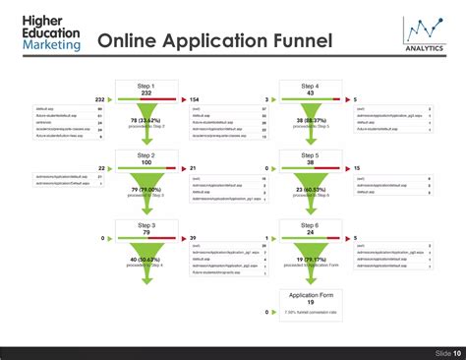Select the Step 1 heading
[146, 86]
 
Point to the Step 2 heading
[146, 155]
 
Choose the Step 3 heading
[146, 225]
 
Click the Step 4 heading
[310, 86]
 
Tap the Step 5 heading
[310, 155]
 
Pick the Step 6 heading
[310, 225]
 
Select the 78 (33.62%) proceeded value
[146, 121]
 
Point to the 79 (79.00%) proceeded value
[146, 191]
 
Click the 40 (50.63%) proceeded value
[146, 260]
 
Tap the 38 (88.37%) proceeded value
[310, 121]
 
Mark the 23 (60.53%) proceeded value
[310, 191]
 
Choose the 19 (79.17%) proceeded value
[310, 260]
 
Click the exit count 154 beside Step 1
[195, 99]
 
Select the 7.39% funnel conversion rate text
[310, 312]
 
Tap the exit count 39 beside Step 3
[193, 238]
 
